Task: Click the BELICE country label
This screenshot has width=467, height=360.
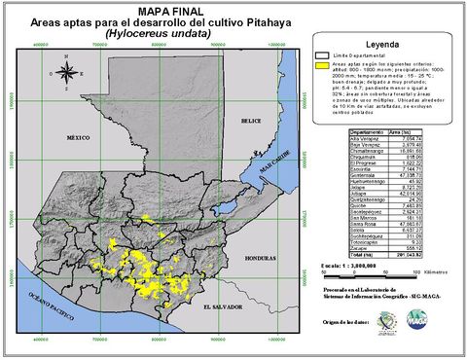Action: coord(252,121)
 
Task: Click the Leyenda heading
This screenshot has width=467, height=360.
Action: coord(384,46)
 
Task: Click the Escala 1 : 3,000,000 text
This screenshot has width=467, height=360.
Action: coord(350,265)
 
